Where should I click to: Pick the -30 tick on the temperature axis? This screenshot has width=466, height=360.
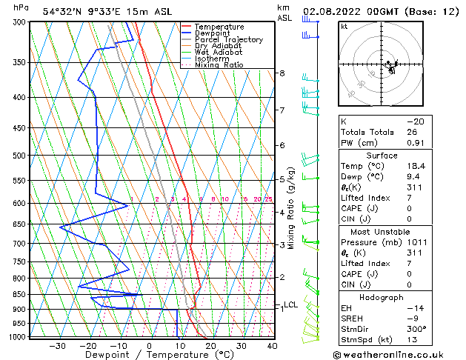[x=57, y=345]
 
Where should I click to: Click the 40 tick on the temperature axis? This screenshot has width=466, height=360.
[x=272, y=345]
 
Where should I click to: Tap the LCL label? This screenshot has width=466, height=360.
[x=291, y=304]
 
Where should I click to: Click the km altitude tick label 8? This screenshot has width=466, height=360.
[x=282, y=73]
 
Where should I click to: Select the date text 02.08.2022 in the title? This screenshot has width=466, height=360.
[x=338, y=11]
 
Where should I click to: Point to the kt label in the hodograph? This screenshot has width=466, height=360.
[x=344, y=27]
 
